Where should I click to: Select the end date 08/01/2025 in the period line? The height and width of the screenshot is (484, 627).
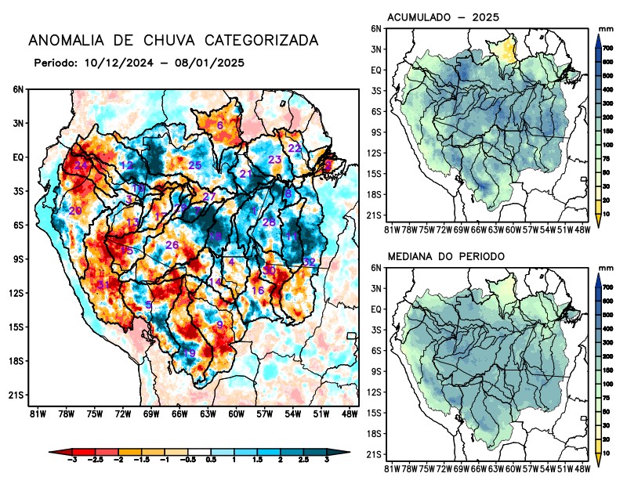pyautogui.click(x=216, y=62)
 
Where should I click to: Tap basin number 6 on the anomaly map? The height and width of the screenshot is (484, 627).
pyautogui.click(x=220, y=125)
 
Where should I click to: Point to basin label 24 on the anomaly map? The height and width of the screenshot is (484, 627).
pyautogui.click(x=81, y=165)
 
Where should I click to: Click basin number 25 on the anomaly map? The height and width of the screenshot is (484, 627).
pyautogui.click(x=195, y=165)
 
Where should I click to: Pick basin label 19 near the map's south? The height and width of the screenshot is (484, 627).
pyautogui.click(x=189, y=353)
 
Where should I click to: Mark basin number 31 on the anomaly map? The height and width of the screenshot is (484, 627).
pyautogui.click(x=103, y=284)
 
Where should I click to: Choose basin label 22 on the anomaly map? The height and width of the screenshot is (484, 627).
pyautogui.click(x=295, y=148)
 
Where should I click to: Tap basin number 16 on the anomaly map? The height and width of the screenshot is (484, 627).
pyautogui.click(x=257, y=291)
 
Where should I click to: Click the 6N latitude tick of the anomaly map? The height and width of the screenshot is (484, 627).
pyautogui.click(x=18, y=89)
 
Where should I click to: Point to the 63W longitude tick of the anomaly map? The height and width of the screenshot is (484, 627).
pyautogui.click(x=207, y=414)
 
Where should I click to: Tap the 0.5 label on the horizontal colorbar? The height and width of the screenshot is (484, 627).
pyautogui.click(x=211, y=464)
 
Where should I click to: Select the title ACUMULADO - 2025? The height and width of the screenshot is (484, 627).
pyautogui.click(x=444, y=17)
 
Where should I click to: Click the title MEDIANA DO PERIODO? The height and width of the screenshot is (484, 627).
pyautogui.click(x=446, y=256)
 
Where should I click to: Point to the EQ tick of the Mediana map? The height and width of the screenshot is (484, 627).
pyautogui.click(x=377, y=309)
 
